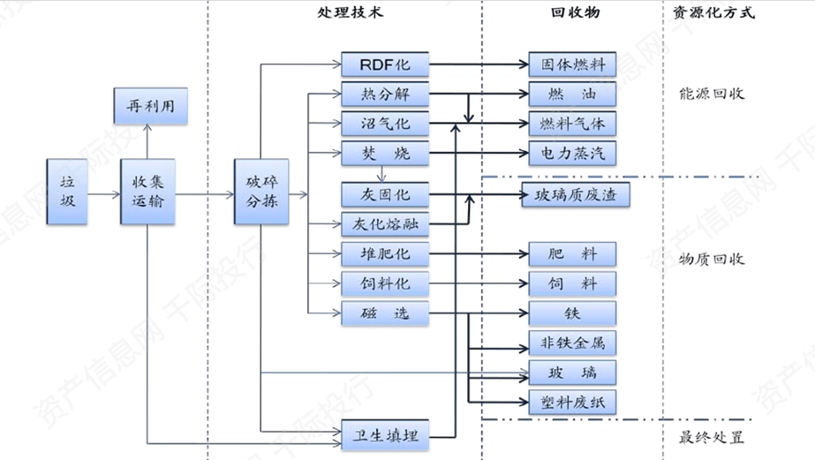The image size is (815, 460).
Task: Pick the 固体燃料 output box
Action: pyautogui.click(x=572, y=64)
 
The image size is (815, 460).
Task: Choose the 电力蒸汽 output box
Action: pyautogui.click(x=572, y=153)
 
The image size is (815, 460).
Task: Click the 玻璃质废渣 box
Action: pyautogui.click(x=577, y=195)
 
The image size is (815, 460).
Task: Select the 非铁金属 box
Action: pyautogui.click(x=572, y=343)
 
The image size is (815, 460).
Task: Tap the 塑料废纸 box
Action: pyautogui.click(x=572, y=402)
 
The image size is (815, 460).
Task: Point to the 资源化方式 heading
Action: pyautogui.click(x=715, y=13)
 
